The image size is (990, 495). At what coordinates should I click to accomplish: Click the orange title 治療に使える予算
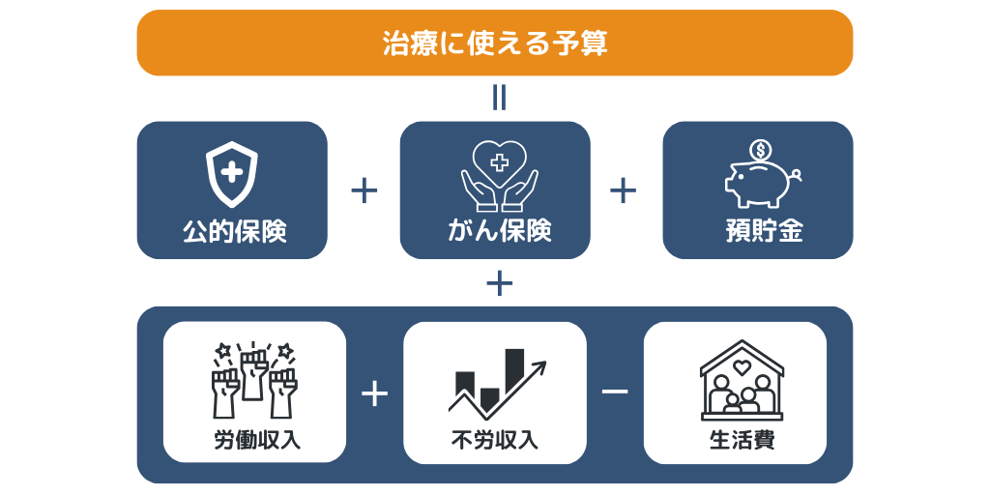(494, 44)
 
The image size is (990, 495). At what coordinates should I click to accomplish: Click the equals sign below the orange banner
(499, 98)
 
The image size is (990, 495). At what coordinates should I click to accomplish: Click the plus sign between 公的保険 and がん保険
(364, 190)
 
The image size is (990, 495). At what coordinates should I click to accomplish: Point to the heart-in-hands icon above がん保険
(499, 174)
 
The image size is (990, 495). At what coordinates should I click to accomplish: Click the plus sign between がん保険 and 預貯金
(624, 190)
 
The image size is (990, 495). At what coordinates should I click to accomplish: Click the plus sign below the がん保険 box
(499, 283)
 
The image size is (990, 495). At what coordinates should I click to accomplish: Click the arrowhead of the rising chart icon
(540, 367)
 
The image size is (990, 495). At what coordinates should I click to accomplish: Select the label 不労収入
(495, 440)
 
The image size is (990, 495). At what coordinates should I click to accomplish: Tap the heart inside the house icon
(742, 366)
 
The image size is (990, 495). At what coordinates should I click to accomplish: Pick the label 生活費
(742, 440)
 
